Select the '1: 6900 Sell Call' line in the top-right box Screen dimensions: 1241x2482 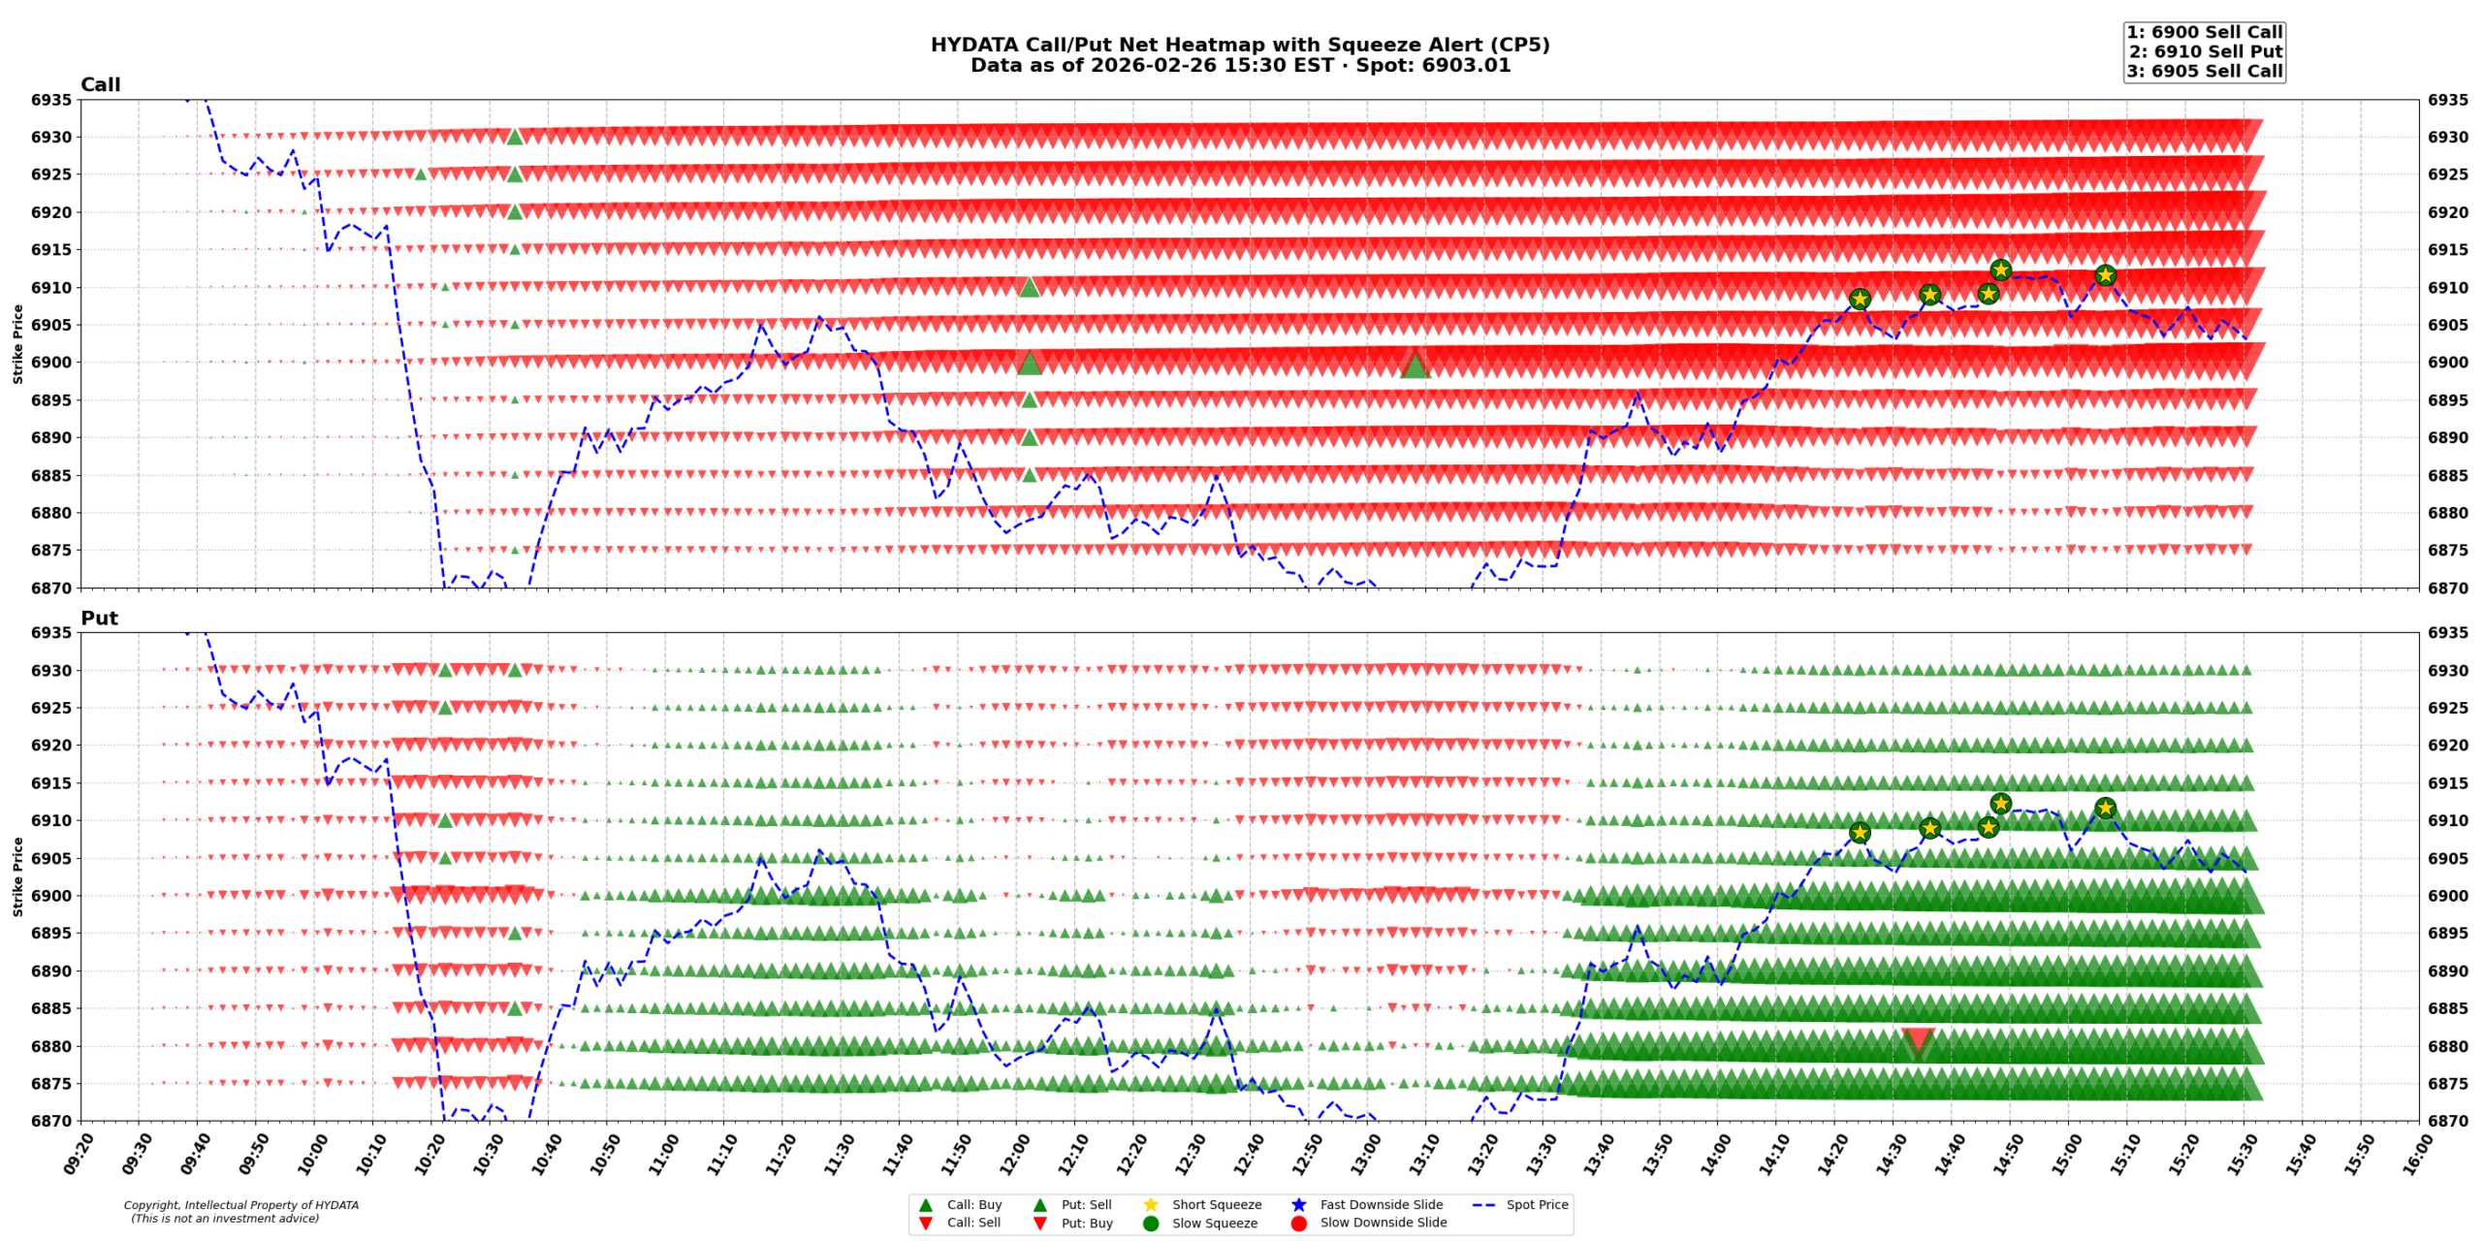coord(2204,32)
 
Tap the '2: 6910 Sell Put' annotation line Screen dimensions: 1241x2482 coord(2205,51)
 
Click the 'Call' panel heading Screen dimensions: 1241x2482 coord(100,84)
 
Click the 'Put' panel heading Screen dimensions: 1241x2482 coord(99,618)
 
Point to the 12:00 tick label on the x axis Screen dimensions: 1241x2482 coord(1009,1153)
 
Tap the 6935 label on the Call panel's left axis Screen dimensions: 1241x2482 coord(50,100)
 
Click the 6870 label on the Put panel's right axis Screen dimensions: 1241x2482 coord(2448,1121)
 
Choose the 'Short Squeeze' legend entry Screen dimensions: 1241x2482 coord(1216,1204)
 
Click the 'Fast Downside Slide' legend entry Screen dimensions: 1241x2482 coord(1381,1204)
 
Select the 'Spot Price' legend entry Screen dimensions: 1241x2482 coord(1537,1204)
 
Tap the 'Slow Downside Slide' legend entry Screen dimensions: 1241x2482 coord(1383,1223)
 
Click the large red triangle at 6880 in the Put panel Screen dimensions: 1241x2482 coord(1917,1042)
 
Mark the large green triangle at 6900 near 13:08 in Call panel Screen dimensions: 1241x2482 coord(1415,366)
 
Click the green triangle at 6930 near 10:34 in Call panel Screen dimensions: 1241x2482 coord(515,137)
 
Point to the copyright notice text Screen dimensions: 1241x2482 coord(240,1211)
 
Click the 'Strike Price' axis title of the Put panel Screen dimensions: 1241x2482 coord(17,876)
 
